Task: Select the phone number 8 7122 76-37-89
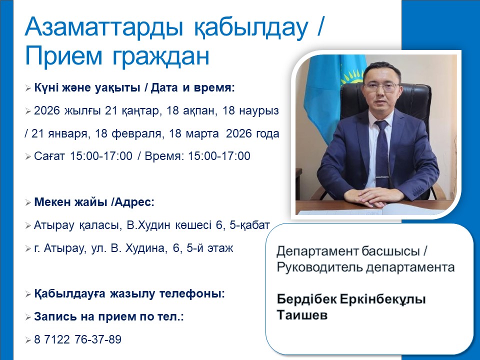pos(77,340)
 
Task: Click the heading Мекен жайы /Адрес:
pos(94,202)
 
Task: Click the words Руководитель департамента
pos(365,267)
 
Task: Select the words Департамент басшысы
pos(352,251)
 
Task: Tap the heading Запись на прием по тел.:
pos(109,317)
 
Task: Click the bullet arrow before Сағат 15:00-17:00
pos(28,157)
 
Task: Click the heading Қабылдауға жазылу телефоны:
pos(129,294)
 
